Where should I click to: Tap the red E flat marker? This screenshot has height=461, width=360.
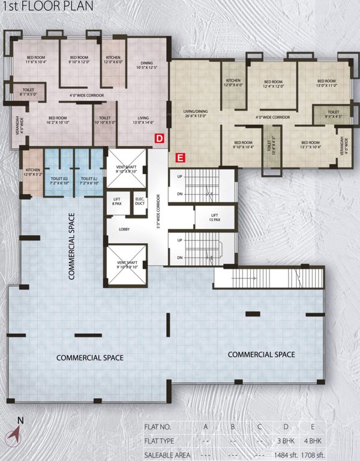[180, 158]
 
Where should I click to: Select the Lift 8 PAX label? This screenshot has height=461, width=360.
[116, 202]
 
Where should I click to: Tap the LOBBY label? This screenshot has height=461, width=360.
[124, 229]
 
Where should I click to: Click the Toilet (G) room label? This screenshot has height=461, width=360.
[58, 180]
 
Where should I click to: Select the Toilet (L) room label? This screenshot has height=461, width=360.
[88, 180]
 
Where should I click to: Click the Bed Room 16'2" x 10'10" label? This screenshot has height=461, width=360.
[57, 120]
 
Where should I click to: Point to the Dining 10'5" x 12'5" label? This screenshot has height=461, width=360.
[146, 65]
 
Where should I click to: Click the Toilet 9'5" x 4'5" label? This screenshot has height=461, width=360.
[333, 114]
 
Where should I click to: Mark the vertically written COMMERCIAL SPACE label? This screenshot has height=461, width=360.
[71, 246]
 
